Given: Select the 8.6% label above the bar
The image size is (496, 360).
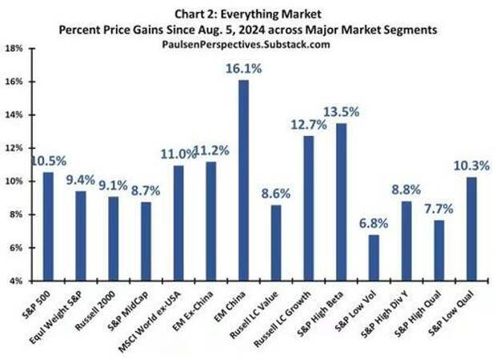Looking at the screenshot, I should (276, 193).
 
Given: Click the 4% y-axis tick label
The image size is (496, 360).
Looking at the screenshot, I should (15, 281).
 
